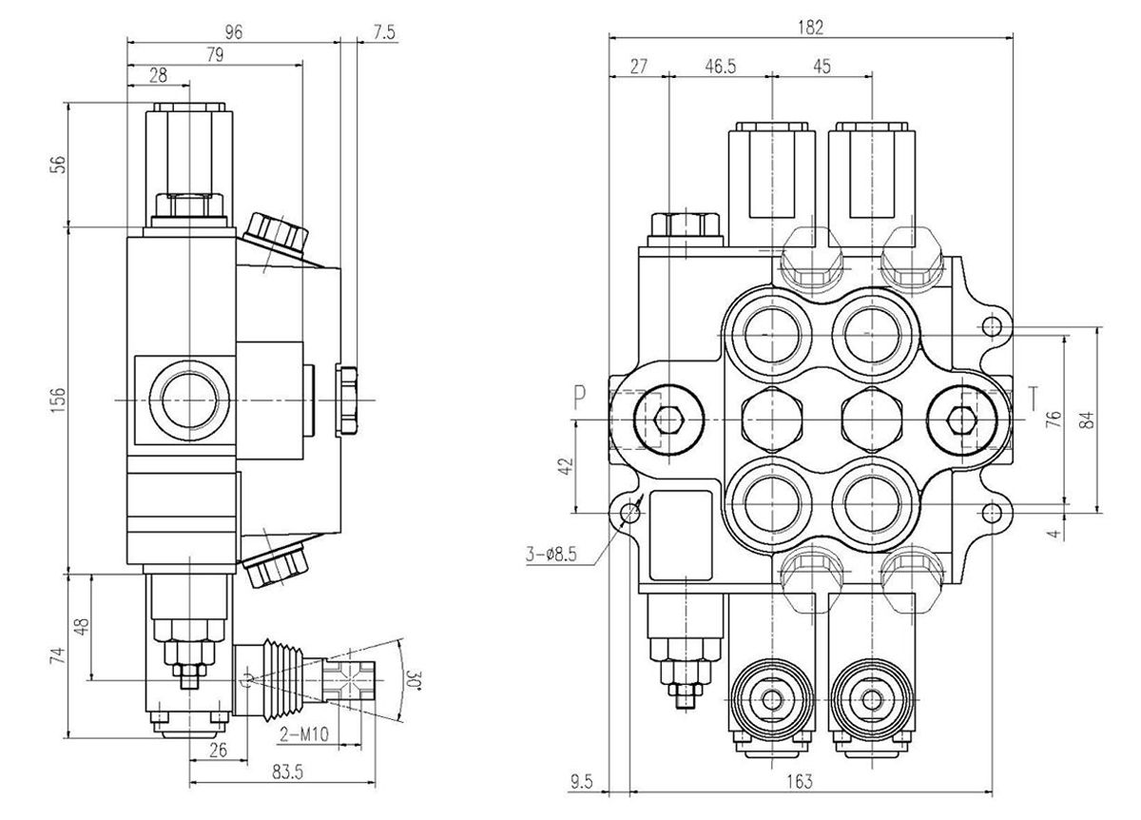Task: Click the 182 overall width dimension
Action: tap(810, 26)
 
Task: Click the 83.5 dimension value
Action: tap(280, 772)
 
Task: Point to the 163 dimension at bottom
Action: tap(801, 781)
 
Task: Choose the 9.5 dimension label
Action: tap(580, 782)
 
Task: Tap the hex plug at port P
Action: tap(667, 419)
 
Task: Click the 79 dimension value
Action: tap(213, 56)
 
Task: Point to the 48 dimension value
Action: tap(82, 627)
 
